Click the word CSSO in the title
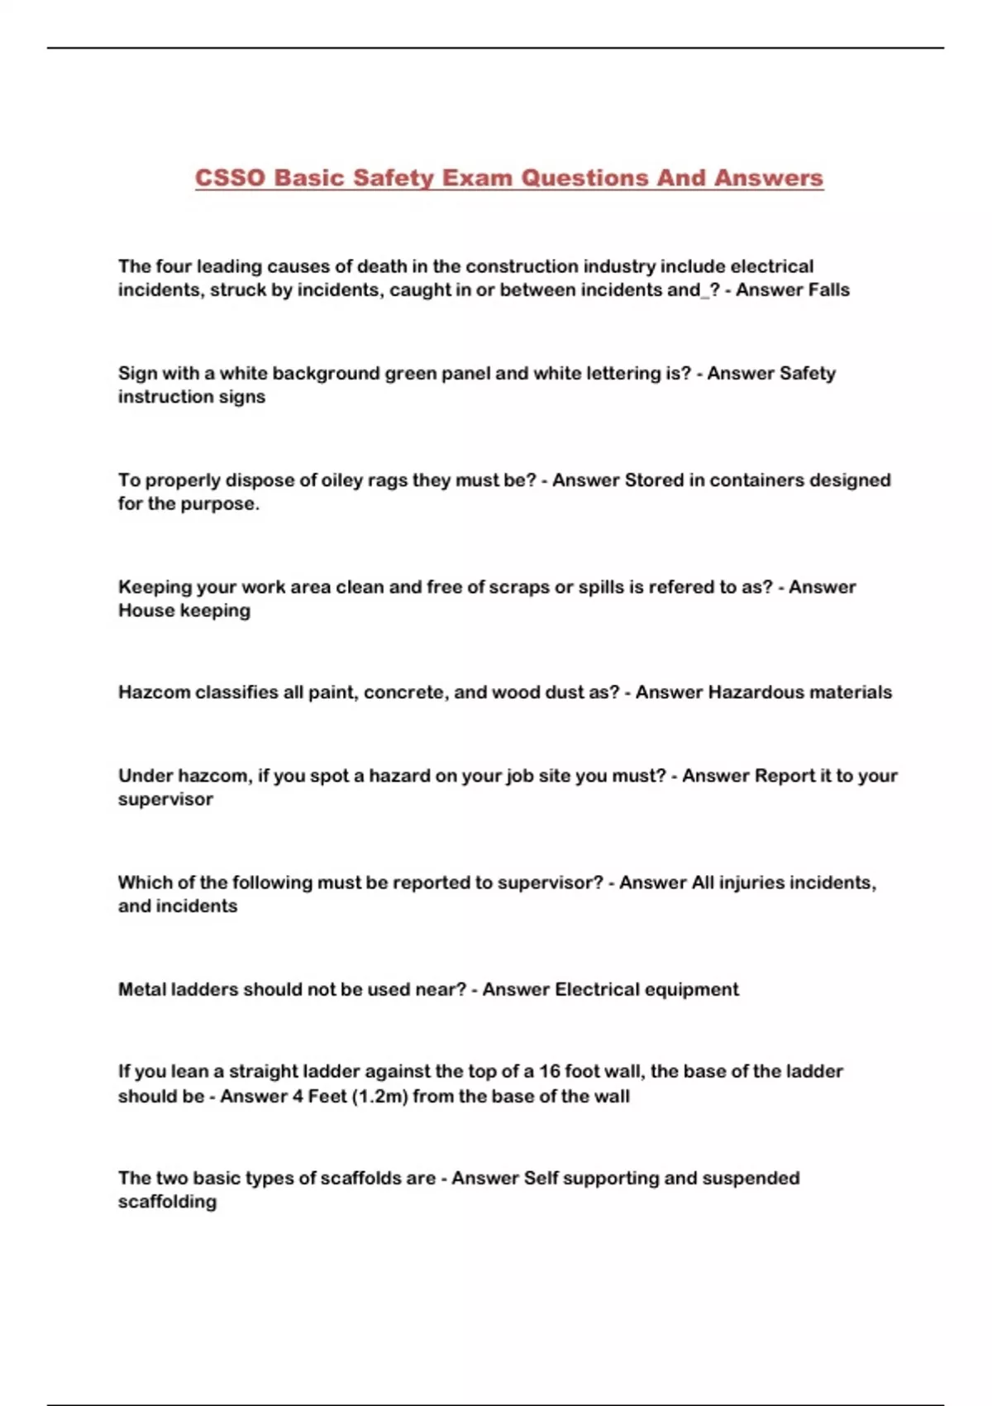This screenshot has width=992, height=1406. click(229, 178)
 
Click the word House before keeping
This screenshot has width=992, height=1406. click(146, 610)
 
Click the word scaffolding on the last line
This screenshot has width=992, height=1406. click(167, 1202)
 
